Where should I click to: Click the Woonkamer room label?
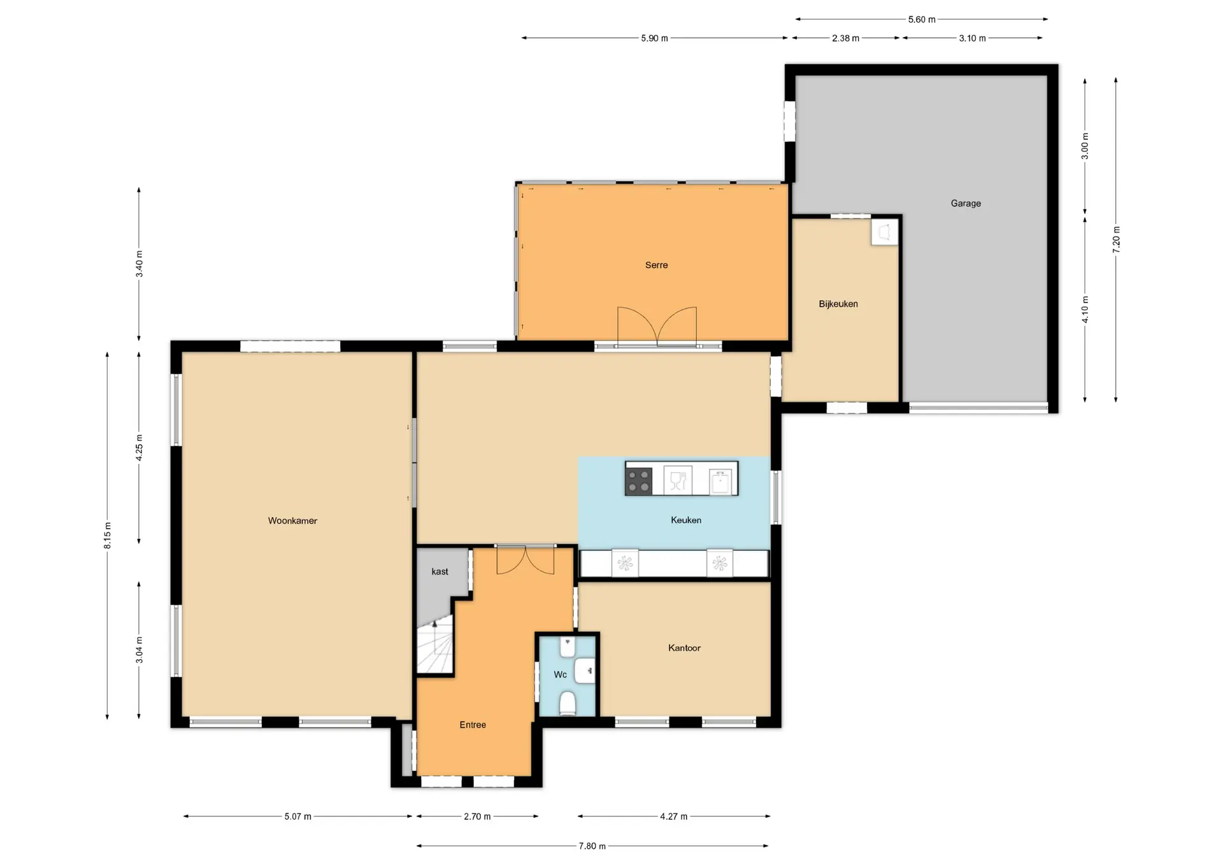pos(292,520)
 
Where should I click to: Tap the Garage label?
pos(966,203)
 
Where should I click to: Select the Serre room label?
pos(656,265)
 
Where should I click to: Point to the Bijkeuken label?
pos(838,304)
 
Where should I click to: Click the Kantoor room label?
pos(684,648)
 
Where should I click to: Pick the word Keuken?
pos(686,520)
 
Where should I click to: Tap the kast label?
pos(440,571)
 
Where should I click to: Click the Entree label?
pos(473,724)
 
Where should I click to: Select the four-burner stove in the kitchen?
pos(639,481)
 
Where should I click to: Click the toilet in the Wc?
pos(568,704)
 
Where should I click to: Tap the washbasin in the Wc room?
pos(585,671)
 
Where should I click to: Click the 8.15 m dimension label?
pos(108,535)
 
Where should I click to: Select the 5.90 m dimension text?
pos(654,38)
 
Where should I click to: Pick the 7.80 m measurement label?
pos(592,846)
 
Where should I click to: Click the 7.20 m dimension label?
pos(1116,239)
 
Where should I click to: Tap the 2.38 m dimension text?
pos(845,38)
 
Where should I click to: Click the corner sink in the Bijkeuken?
pos(884,232)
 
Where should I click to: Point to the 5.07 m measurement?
pos(297,816)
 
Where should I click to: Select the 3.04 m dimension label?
pos(139,650)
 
